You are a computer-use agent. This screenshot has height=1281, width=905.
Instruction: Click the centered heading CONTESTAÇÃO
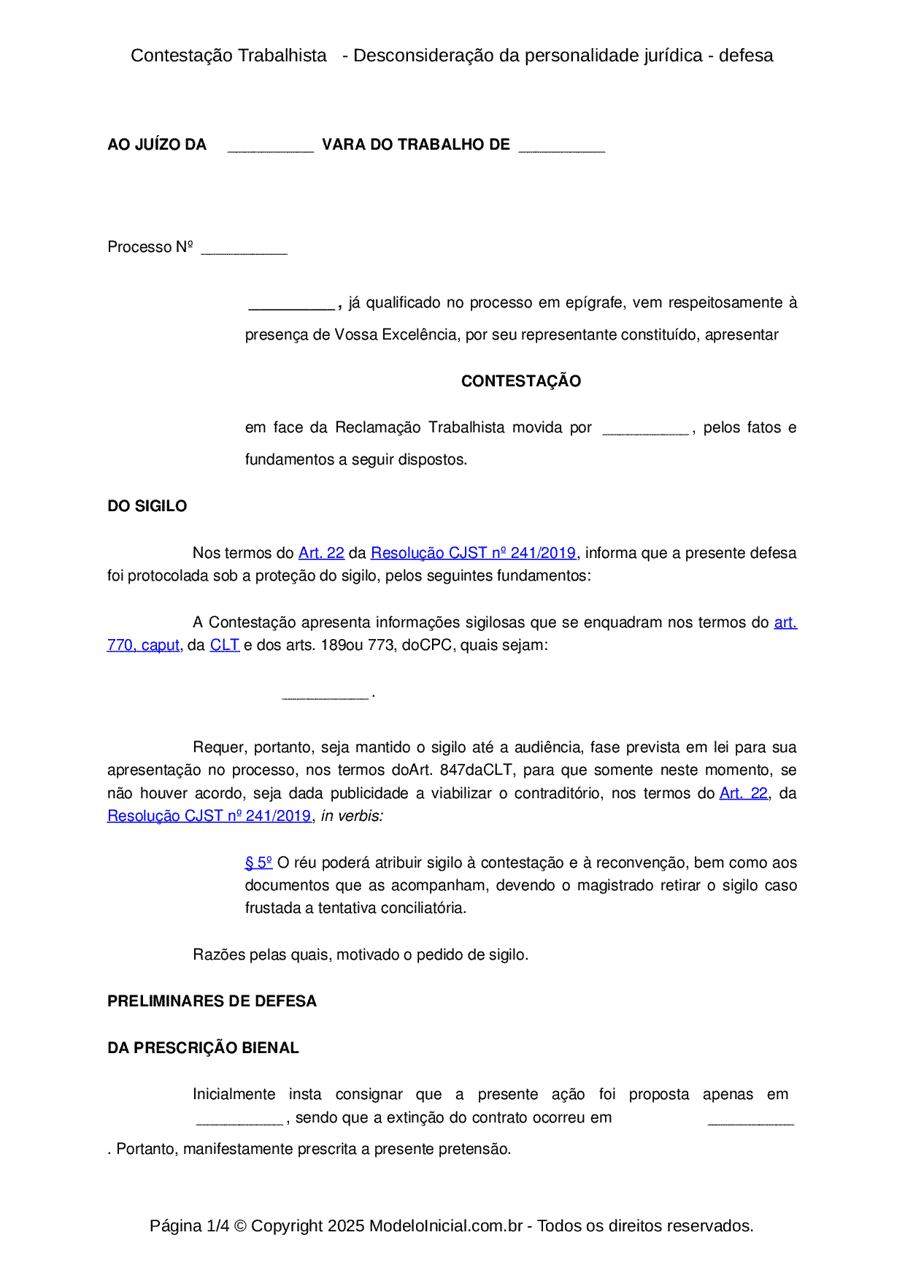520,381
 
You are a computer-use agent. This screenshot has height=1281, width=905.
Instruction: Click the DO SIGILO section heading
147,506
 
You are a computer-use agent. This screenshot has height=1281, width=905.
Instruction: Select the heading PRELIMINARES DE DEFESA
212,1001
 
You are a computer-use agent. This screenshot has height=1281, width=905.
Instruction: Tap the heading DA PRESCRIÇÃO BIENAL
203,1048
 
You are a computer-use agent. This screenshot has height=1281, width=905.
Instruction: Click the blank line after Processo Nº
244,249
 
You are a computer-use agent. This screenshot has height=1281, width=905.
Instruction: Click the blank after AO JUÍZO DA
270,147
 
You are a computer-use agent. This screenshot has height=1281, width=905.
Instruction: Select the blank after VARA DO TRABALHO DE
561,147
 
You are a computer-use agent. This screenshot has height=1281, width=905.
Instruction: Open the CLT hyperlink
224,646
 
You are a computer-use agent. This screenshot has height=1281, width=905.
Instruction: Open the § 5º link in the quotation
258,863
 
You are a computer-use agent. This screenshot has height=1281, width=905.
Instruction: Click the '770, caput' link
143,646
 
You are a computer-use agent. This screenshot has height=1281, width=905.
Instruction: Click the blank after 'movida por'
645,429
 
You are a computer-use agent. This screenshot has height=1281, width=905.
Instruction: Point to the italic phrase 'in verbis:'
352,817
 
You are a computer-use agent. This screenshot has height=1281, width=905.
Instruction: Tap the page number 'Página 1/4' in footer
189,1226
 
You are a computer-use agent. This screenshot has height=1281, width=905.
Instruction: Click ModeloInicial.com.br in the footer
445,1226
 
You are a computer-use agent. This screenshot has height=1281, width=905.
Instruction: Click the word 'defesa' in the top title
745,56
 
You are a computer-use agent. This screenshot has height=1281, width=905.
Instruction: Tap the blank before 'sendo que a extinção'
239,1120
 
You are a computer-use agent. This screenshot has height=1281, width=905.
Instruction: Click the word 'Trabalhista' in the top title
282,56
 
